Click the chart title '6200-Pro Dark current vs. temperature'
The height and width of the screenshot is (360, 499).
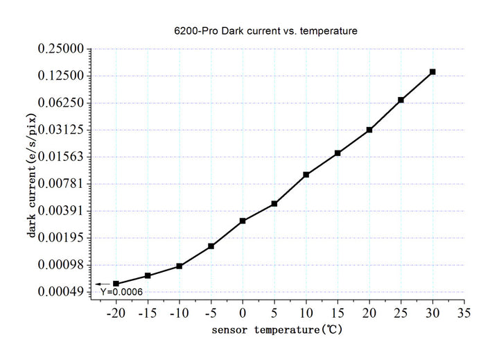[x=265, y=31]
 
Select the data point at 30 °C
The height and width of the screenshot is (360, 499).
[x=432, y=72]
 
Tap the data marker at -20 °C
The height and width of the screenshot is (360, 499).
[x=116, y=284]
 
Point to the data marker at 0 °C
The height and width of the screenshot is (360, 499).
[x=243, y=221]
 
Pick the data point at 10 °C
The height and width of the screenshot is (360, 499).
[x=306, y=175]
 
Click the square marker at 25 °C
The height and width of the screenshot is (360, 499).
[x=401, y=100]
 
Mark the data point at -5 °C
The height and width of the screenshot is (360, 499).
[x=211, y=246]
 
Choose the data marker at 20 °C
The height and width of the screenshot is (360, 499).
[x=369, y=130]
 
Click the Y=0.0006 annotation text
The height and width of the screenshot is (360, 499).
[x=121, y=292]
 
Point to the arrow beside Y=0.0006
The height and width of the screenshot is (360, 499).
[x=103, y=284]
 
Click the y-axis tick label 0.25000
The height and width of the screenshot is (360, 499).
[x=60, y=49]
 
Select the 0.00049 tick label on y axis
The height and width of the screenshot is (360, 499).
[x=60, y=292]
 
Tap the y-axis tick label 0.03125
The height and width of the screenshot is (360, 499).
[x=60, y=130]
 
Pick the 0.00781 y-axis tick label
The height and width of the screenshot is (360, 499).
[x=60, y=184]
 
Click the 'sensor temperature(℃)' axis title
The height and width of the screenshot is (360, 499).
[x=277, y=330]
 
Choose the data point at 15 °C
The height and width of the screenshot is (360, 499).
[x=338, y=153]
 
